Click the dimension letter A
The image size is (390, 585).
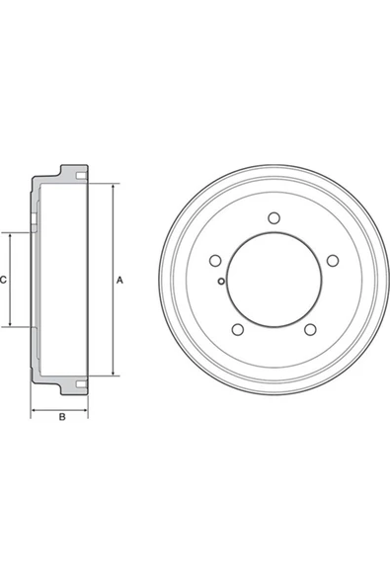tap(119, 282)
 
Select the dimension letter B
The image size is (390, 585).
tap(61, 416)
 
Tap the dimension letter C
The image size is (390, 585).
tap(5, 281)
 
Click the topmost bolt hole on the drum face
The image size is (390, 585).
tap(271, 219)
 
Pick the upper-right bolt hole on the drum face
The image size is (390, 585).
tap(333, 259)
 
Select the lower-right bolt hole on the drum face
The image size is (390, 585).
tap(310, 331)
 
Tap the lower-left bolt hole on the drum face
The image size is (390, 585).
tap(235, 331)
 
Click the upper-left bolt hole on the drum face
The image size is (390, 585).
tap(213, 259)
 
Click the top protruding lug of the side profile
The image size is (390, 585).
tap(74, 175)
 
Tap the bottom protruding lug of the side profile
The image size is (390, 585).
tap(74, 384)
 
